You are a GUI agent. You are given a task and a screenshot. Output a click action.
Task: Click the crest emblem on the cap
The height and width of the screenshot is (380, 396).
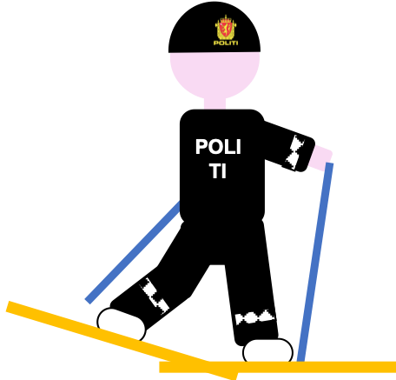coord(226,28)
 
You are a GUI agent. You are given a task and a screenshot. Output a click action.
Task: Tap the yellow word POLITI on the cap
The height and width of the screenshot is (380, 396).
coord(226,43)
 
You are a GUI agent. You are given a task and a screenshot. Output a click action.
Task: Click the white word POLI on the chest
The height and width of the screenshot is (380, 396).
coord(218,147)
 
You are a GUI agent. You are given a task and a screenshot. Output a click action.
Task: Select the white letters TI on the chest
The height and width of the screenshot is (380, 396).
coord(218,170)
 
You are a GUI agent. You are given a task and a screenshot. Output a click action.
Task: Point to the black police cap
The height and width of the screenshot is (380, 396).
coord(214,28)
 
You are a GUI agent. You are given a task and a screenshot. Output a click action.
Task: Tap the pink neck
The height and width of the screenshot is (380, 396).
coord(214,103)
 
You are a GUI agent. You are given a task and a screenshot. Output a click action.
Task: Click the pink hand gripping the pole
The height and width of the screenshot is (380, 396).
coord(320,158)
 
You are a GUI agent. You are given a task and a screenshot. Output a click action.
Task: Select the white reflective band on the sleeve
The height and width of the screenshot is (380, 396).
coord(295,152)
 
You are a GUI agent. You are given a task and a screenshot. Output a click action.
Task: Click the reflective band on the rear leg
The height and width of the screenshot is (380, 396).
coord(155,296)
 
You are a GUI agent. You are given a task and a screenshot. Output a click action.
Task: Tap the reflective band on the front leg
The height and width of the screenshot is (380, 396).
coord(254,317)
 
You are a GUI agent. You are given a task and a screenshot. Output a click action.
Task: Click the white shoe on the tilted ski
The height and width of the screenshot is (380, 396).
coord(122,324)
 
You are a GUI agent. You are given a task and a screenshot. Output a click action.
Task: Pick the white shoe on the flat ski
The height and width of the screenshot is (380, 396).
coord(267,350)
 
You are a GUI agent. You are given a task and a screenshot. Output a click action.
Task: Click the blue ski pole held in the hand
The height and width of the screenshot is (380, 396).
coord(315,263)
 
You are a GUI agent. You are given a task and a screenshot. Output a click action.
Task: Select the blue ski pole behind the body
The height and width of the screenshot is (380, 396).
coord(133,252)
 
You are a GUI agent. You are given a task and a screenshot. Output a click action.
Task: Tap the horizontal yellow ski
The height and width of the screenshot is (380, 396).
coord(277,367)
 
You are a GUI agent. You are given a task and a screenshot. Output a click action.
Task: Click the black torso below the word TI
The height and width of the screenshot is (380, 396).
coord(222,200)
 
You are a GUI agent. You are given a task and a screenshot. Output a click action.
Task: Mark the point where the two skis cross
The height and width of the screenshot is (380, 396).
coord(214,367)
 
